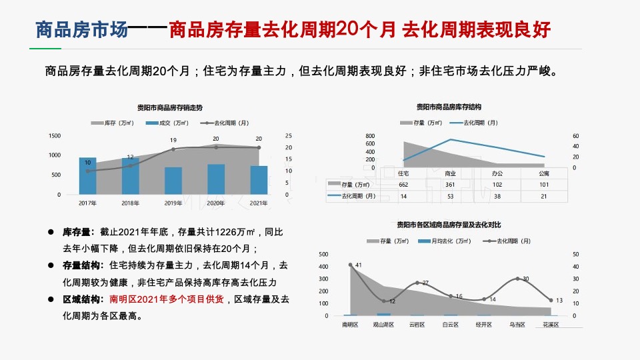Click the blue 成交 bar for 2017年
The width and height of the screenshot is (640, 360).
(87, 176)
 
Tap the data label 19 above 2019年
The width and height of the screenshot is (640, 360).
(173, 141)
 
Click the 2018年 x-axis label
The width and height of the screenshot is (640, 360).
(130, 203)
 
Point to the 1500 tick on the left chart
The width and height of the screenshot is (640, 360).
(55, 136)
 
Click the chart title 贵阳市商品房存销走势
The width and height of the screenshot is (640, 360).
(170, 107)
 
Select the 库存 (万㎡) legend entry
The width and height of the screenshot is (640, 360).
(112, 123)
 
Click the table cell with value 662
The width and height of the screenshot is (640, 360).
(403, 185)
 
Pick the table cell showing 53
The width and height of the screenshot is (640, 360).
(450, 196)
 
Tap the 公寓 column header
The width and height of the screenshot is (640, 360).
(544, 173)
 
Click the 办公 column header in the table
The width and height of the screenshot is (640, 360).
(497, 173)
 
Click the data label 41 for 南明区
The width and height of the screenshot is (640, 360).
(358, 265)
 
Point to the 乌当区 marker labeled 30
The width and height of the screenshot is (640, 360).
(517, 278)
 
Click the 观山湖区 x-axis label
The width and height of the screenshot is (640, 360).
(383, 325)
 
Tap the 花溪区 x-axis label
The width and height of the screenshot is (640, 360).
(551, 325)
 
